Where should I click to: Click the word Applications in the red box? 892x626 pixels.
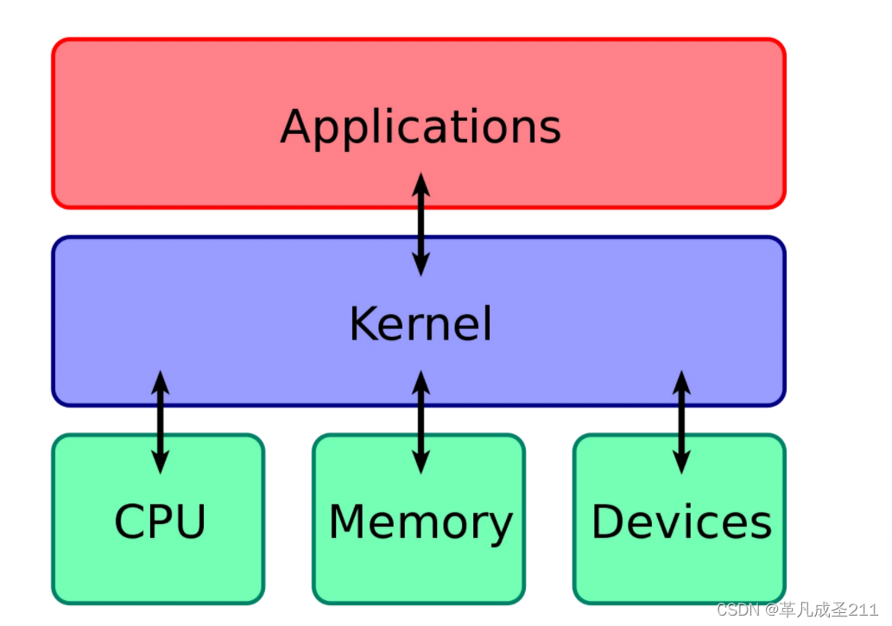click(421, 126)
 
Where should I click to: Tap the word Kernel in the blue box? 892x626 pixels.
click(421, 324)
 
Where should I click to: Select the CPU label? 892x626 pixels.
click(160, 522)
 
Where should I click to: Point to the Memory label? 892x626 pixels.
click(421, 522)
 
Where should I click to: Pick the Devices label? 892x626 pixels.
click(680, 522)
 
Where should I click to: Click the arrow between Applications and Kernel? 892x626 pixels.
click(421, 224)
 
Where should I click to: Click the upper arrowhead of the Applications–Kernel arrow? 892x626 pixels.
click(421, 182)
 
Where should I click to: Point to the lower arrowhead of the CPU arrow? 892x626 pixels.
click(160, 464)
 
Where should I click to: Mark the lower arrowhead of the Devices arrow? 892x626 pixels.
click(681, 464)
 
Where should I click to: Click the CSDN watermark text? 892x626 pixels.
click(736, 610)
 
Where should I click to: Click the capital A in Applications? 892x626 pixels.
click(295, 126)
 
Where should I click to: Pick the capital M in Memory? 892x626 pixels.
click(349, 522)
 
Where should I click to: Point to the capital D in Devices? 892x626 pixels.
click(609, 522)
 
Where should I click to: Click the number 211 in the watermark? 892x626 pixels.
click(864, 610)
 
